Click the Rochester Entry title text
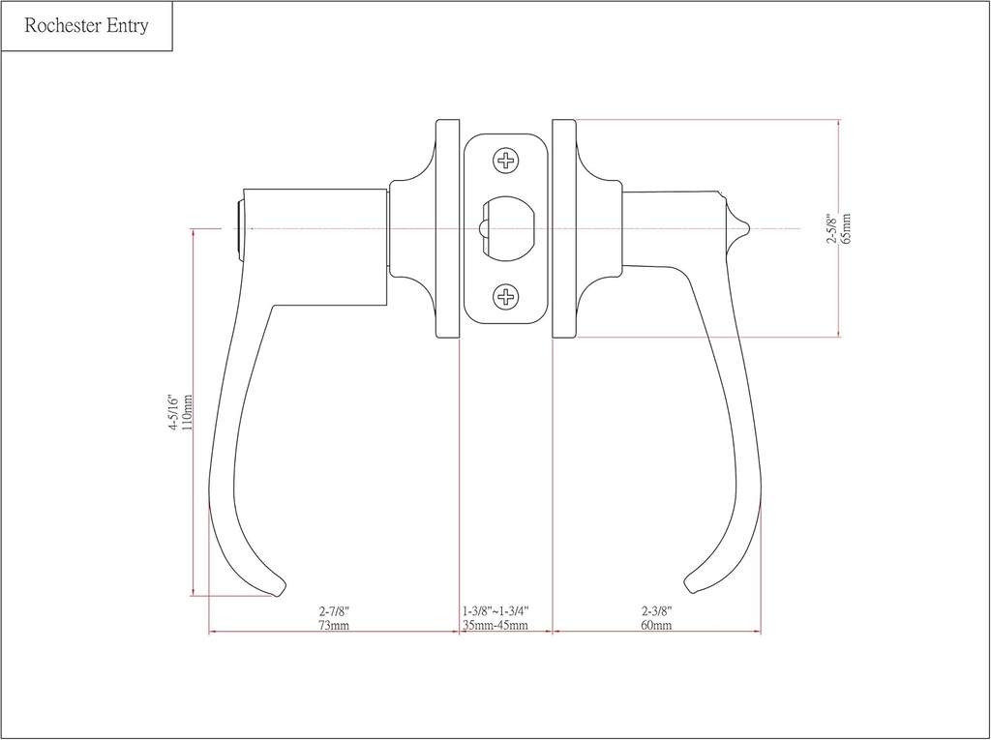tap(86, 26)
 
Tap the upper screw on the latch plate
tap(506, 161)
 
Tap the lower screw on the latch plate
tap(506, 296)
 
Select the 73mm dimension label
tap(333, 625)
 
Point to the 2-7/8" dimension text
tap(333, 611)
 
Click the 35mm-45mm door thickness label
tap(495, 625)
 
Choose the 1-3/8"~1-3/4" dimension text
tap(495, 611)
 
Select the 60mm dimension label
tap(656, 625)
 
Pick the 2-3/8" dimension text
tap(656, 611)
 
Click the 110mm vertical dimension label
tap(187, 413)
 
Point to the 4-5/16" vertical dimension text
tap(173, 413)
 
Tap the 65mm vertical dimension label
tap(846, 229)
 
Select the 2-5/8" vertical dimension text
tap(831, 229)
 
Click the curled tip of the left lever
tap(278, 587)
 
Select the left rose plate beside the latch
tap(448, 229)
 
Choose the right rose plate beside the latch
tap(564, 229)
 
